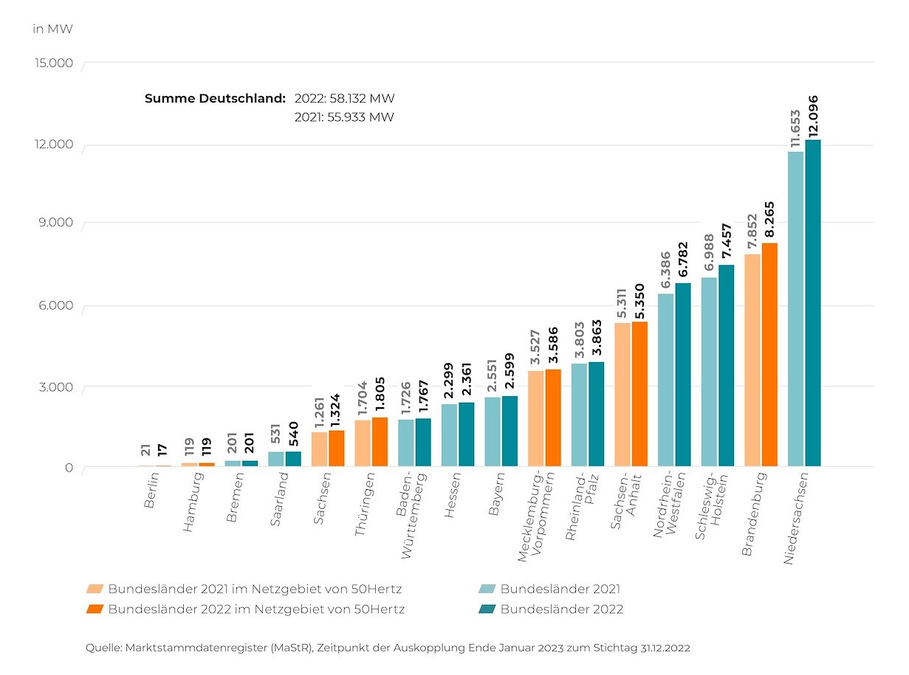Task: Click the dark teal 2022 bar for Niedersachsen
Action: (x=813, y=302)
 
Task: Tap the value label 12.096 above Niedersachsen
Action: (x=814, y=116)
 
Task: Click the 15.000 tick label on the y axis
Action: (x=54, y=63)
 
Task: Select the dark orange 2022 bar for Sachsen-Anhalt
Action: (x=639, y=394)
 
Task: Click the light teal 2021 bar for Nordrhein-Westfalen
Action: (x=665, y=380)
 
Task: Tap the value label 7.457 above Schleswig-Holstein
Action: (x=727, y=240)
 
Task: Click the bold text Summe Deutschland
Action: (x=215, y=98)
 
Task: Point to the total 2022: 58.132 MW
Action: (x=344, y=98)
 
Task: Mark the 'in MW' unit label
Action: (x=52, y=30)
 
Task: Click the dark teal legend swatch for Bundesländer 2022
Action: (x=487, y=609)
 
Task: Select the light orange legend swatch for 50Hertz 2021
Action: (x=95, y=589)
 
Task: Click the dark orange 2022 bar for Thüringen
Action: (x=380, y=442)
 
